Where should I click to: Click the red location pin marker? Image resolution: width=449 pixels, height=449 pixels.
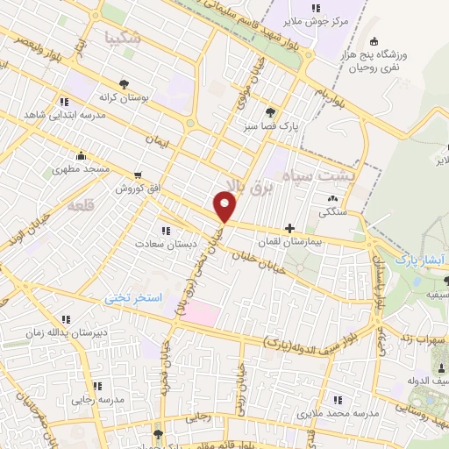pyautogui.click(x=225, y=206)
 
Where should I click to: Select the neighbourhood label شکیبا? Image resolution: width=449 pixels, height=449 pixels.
pyautogui.click(x=122, y=38)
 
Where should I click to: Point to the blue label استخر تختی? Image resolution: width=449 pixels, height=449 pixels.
pyautogui.click(x=134, y=298)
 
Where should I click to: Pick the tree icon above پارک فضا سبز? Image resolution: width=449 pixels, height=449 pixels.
pyautogui.click(x=270, y=111)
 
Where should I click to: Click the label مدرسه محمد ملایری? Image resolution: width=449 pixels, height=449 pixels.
pyautogui.click(x=338, y=412)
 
